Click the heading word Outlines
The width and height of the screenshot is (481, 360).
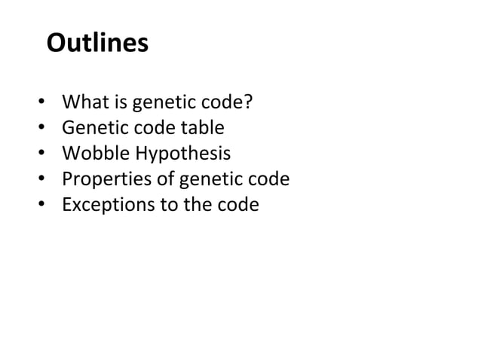(97, 43)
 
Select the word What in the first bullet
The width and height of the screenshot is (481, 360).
(82, 101)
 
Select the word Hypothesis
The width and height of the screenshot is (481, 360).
(182, 154)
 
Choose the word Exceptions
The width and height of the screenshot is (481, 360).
(107, 206)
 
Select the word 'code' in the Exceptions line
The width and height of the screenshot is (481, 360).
(240, 206)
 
